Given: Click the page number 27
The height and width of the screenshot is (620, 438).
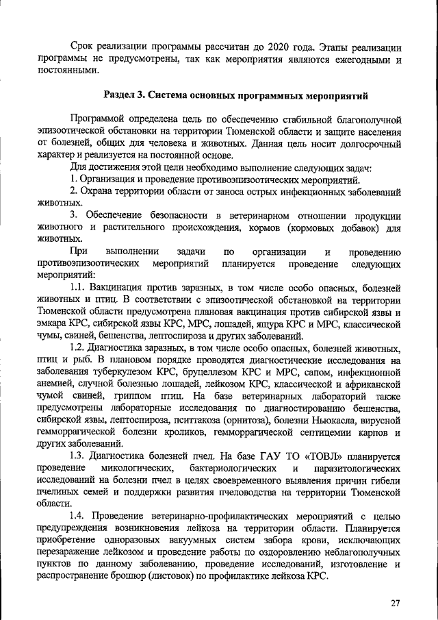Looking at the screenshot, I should coord(396,602).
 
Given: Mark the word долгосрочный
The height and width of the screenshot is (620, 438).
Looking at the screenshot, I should coord(367,145).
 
